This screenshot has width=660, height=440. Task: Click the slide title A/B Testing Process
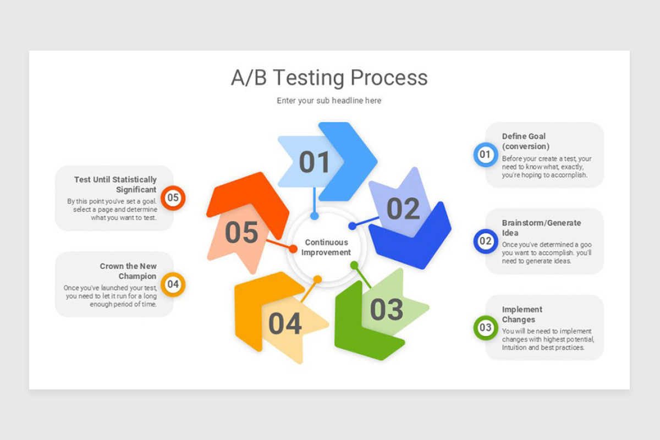[x=329, y=78]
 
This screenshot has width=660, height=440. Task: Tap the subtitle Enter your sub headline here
[x=329, y=101]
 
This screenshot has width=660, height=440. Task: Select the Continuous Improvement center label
[x=326, y=248]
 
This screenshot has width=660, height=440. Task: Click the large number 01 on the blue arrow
[x=314, y=162]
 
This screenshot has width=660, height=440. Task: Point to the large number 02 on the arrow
[x=403, y=209]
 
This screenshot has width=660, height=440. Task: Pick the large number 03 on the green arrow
[x=386, y=310]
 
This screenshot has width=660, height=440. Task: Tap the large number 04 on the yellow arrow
[x=285, y=324]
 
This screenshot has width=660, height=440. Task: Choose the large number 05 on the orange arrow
[x=241, y=233]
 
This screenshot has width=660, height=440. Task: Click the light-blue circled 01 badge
[x=485, y=155]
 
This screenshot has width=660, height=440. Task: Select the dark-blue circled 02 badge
[x=485, y=241]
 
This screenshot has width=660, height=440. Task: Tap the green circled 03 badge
[x=485, y=328]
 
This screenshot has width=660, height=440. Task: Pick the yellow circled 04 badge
[x=173, y=284]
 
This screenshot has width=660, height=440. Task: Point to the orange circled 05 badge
[x=173, y=198]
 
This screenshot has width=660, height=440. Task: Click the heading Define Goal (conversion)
[x=525, y=141]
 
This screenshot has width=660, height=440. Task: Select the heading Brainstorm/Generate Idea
[x=541, y=228]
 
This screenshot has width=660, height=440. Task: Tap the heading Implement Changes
[x=522, y=315]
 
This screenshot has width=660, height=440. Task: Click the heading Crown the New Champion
[x=128, y=271]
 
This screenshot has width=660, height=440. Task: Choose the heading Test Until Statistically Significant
[x=116, y=185]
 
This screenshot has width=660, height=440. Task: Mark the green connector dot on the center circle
[x=354, y=265]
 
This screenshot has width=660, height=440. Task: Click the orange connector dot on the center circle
[x=293, y=249]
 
